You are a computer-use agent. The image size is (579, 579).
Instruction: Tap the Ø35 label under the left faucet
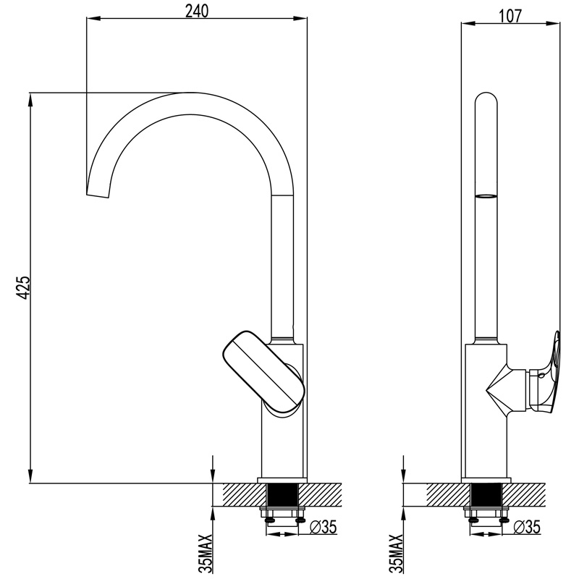(x=325, y=527)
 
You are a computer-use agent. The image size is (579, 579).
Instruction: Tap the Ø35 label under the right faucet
(x=527, y=527)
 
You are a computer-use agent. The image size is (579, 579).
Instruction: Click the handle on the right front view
(x=550, y=373)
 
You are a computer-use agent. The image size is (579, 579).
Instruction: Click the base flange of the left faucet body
(x=283, y=479)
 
